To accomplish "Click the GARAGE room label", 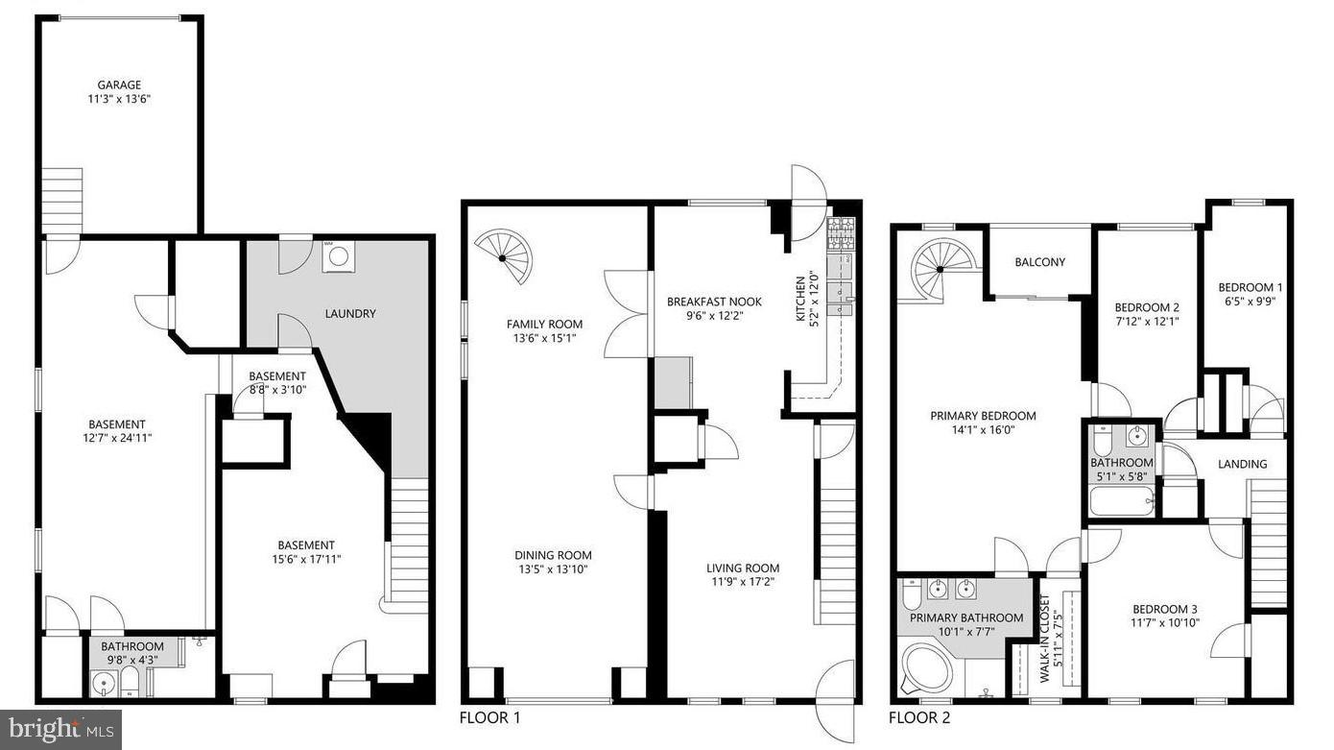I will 119,85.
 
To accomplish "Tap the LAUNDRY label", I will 350,313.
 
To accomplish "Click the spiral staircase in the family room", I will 508,255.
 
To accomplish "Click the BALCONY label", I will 1039,262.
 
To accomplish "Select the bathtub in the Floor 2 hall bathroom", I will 1122,501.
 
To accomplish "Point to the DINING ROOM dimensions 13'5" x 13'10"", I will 553,569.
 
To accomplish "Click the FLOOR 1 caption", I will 490,717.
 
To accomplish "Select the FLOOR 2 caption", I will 919,717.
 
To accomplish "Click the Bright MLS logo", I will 60,729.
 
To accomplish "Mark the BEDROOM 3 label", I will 1164,609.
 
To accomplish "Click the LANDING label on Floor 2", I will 1242,464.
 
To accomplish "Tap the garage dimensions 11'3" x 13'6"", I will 119,98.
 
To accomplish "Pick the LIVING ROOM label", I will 743,568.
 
